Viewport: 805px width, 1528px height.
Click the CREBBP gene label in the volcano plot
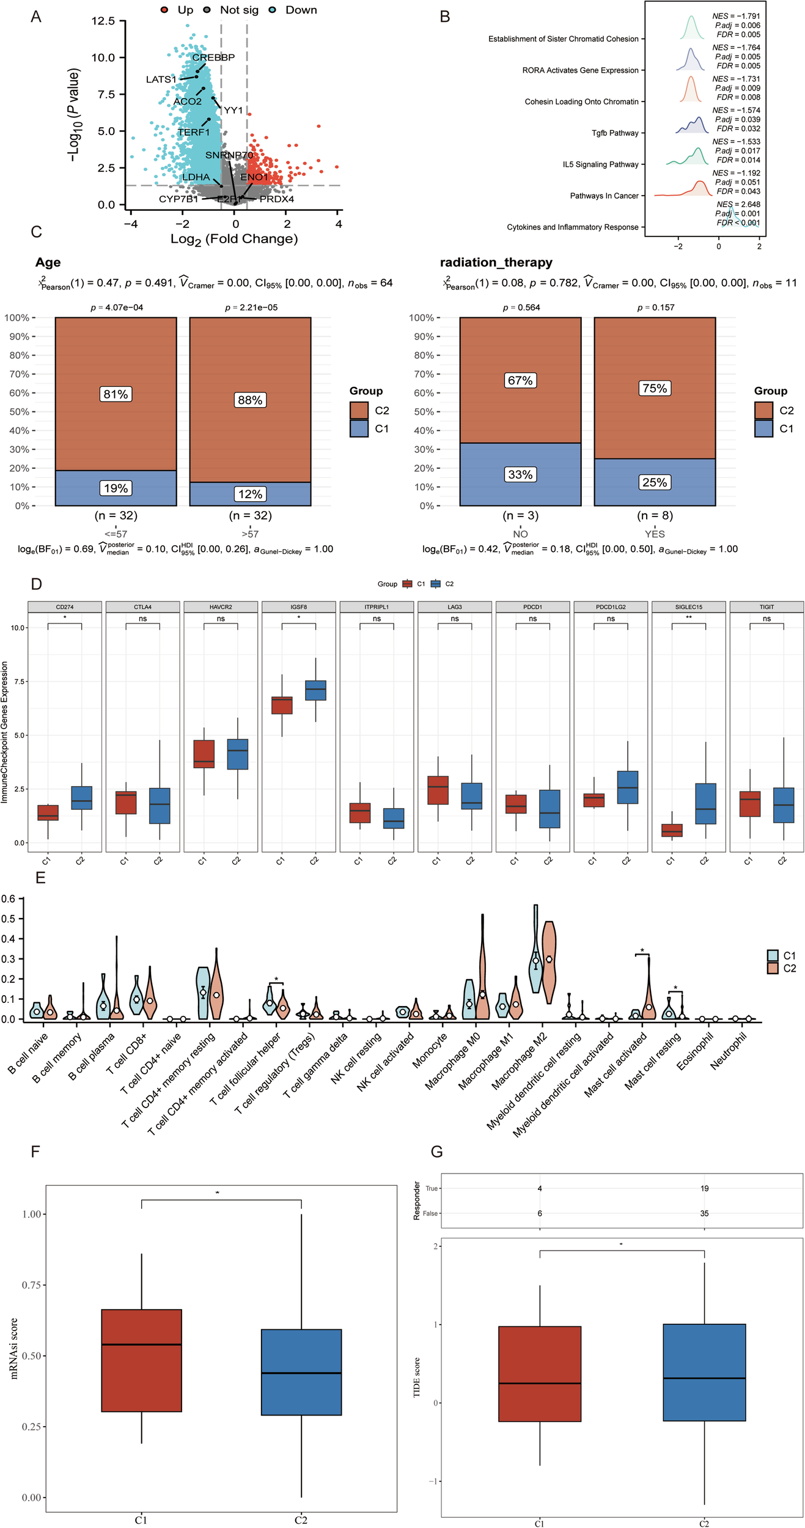[x=213, y=57]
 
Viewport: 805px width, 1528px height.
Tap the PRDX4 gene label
[x=276, y=199]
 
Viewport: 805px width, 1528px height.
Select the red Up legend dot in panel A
[x=164, y=10]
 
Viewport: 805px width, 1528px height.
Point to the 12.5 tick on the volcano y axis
[x=103, y=21]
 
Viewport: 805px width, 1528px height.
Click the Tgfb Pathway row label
[x=614, y=133]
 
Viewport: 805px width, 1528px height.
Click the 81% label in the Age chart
[x=116, y=394]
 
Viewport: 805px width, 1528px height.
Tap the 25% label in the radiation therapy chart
[x=654, y=482]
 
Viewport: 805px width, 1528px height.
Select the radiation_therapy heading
[x=496, y=262]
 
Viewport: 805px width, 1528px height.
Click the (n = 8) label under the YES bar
[x=654, y=515]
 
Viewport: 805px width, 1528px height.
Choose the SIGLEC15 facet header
[x=688, y=607]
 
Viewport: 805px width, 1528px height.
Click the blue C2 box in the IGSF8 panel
[x=315, y=690]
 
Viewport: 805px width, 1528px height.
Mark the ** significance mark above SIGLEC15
[x=688, y=618]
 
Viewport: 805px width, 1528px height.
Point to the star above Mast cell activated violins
[x=642, y=951]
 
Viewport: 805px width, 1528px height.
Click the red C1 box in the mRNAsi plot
[x=141, y=1360]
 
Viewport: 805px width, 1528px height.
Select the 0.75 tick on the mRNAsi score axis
[x=31, y=1285]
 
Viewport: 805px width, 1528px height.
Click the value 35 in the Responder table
[x=704, y=1213]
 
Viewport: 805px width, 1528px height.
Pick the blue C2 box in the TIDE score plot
[x=704, y=1372]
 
